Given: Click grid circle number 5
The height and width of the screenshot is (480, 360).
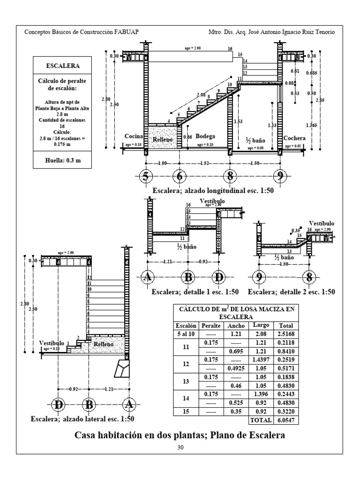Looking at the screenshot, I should click(146, 177).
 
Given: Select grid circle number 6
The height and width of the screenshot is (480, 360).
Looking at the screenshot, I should click(179, 177).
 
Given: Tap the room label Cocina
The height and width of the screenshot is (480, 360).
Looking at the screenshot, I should click(133, 136).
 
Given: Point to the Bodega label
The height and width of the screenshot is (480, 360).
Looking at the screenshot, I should click(205, 136).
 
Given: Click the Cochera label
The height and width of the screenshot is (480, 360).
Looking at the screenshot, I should click(294, 138).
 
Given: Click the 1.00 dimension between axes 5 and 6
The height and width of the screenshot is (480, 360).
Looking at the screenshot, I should click(162, 163).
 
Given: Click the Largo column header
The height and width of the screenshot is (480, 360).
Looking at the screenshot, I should click(261, 325).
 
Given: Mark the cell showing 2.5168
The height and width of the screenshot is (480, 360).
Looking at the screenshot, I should click(286, 334).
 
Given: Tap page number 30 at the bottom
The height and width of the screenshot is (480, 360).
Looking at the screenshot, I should click(180, 448).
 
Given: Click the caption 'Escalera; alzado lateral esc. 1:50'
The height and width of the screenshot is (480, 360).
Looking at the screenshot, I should click(82, 419).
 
